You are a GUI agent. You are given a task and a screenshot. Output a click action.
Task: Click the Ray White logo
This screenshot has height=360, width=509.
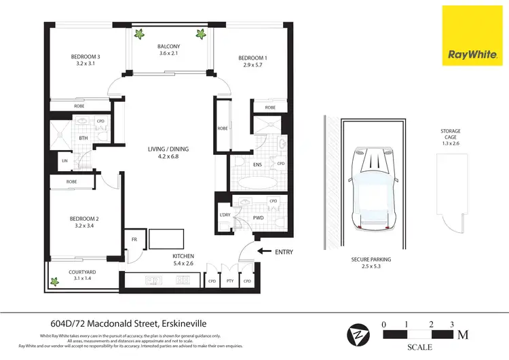(x=472, y=36)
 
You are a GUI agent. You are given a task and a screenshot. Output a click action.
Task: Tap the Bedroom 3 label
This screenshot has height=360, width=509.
(x=86, y=56)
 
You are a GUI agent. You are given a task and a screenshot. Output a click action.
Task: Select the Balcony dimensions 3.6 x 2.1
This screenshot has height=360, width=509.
(x=168, y=53)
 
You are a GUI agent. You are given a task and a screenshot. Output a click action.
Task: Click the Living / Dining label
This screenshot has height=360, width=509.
(x=168, y=149)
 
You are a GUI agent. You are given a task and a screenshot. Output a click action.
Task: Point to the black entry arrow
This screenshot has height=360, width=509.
(x=265, y=251)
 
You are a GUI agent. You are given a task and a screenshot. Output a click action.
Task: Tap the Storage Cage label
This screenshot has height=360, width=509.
(x=451, y=134)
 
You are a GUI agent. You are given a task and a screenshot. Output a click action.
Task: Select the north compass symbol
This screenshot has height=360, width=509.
(x=358, y=335)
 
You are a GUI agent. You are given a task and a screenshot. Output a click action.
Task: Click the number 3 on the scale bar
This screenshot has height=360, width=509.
(x=452, y=324)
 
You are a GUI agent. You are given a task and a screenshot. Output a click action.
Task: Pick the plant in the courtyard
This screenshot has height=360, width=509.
(x=54, y=281)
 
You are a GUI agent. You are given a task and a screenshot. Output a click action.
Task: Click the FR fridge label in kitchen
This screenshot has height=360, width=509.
(x=134, y=240)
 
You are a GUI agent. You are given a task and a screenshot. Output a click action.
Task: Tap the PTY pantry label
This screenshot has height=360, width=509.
(x=230, y=281)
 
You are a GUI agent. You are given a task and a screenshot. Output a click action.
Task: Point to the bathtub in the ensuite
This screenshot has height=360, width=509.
(x=259, y=183)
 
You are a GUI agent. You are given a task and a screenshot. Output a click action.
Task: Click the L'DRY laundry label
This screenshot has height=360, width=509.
(x=225, y=215)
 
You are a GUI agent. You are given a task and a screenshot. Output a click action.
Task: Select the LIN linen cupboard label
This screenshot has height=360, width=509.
(x=64, y=160)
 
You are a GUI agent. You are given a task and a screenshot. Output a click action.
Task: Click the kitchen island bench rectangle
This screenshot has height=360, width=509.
(x=166, y=239)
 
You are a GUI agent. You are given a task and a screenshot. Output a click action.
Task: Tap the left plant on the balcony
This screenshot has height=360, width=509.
(x=139, y=34)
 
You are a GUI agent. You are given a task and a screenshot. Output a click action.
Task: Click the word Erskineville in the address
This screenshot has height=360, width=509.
(x=184, y=323)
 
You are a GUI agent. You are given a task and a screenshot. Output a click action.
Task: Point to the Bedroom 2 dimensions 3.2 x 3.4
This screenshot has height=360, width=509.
(x=84, y=226)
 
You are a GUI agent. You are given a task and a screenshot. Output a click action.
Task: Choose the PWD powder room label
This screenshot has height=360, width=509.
(x=258, y=217)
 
